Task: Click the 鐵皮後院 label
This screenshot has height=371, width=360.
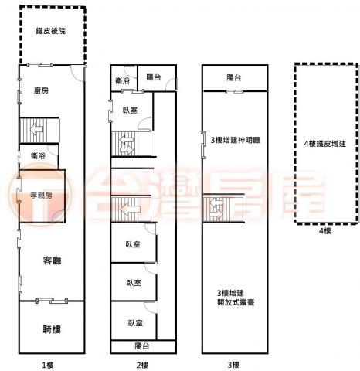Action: (51, 31)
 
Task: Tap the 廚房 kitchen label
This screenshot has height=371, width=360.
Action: (41, 90)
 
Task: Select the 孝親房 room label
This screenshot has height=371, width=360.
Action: (41, 196)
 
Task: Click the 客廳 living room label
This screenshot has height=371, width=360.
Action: (53, 260)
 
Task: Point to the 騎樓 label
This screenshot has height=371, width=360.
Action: (52, 329)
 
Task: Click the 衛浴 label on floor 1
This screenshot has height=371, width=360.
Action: (38, 155)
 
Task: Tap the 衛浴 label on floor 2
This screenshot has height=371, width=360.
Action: (122, 81)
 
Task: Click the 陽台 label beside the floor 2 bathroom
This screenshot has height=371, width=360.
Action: (154, 77)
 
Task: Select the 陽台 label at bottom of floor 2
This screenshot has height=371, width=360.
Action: (142, 346)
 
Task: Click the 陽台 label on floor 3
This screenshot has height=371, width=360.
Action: (234, 77)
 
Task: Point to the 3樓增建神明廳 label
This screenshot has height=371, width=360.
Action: (236, 140)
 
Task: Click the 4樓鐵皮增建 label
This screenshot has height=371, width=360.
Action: (324, 144)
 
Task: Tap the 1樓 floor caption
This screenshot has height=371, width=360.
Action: (48, 365)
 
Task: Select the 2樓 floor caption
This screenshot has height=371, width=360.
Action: (142, 365)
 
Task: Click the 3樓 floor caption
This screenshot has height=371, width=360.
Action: (233, 365)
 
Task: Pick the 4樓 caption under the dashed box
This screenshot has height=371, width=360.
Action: (324, 231)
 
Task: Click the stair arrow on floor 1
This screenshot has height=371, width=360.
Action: (36, 129)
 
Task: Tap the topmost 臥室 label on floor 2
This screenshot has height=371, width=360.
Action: (130, 111)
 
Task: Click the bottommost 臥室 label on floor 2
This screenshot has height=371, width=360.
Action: (135, 323)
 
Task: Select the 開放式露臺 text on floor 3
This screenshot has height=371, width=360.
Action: (236, 302)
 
